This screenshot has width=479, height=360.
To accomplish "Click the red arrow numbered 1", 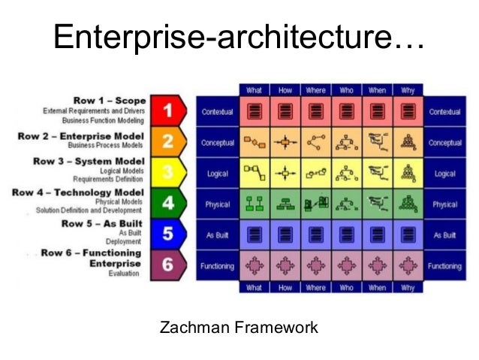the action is click(168, 111).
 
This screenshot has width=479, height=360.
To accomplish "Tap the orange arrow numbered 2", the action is click(168, 141).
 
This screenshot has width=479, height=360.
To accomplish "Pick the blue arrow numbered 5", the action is click(168, 234).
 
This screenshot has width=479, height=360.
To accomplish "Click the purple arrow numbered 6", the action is click(168, 265).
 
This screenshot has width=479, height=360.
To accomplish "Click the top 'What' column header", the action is click(255, 90).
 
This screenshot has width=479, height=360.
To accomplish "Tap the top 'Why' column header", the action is click(407, 90).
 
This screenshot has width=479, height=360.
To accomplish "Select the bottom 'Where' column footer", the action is click(315, 287).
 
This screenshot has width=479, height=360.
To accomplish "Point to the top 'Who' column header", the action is click(346, 90).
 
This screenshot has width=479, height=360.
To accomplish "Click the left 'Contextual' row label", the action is click(218, 112).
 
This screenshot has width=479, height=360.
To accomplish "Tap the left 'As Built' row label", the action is click(218, 235).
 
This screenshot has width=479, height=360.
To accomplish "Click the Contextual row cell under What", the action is click(255, 112).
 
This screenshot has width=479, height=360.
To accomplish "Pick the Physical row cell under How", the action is click(285, 204).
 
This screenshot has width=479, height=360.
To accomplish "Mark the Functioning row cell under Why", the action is click(407, 266).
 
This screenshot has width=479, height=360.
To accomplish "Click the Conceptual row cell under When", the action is click(377, 142).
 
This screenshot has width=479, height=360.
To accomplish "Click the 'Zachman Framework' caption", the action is click(239, 328).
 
